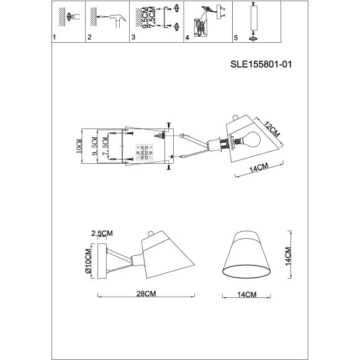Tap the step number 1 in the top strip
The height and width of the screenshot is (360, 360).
click(54, 38)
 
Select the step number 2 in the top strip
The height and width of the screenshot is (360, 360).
click(90, 38)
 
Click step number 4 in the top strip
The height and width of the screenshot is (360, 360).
click(187, 38)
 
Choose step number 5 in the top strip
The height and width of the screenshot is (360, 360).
click(235, 38)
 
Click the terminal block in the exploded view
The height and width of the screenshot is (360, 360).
click(143, 151)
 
